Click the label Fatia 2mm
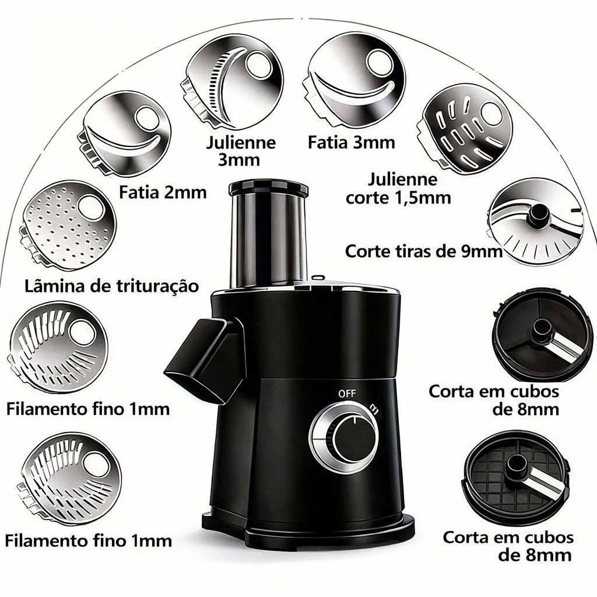click(163, 192)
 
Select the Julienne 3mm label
click(241, 150)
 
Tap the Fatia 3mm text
click(352, 142)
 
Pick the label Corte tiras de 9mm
click(424, 252)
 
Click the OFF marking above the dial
click(346, 393)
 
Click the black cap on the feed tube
click(268, 188)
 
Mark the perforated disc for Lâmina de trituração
click(68, 224)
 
